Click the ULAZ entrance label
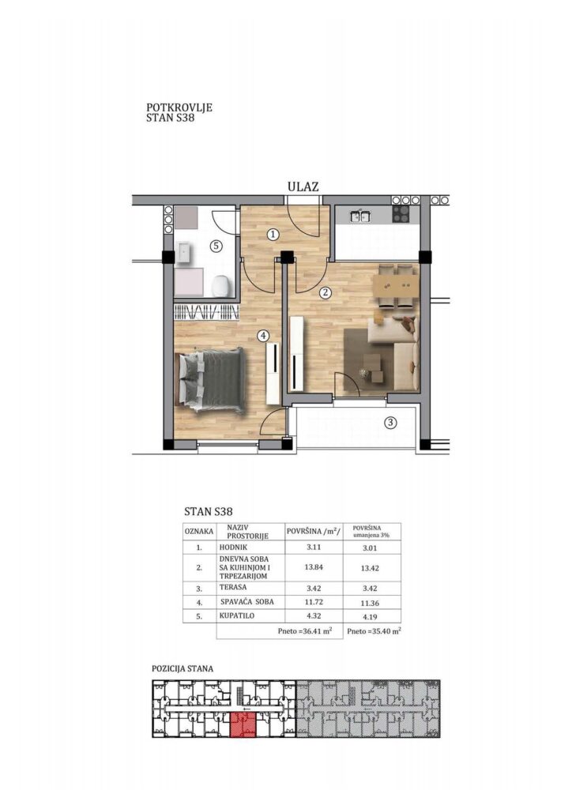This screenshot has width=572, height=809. pyautogui.click(x=303, y=186)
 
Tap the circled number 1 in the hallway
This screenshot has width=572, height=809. pyautogui.click(x=273, y=235)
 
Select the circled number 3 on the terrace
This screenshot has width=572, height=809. pyautogui.click(x=391, y=423)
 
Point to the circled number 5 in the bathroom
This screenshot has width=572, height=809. pyautogui.click(x=216, y=246)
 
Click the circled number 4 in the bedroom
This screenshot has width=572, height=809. pyautogui.click(x=263, y=335)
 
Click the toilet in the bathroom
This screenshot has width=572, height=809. pyautogui.click(x=220, y=285)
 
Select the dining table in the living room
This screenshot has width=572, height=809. pyautogui.click(x=396, y=285)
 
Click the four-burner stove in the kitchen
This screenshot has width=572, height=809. pyautogui.click(x=401, y=213)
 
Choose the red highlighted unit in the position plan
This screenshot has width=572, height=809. pyautogui.click(x=243, y=725)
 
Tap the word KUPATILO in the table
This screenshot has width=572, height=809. pyautogui.click(x=237, y=615)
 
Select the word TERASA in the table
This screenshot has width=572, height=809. pyautogui.click(x=233, y=587)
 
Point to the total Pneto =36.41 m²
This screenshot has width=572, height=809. pyautogui.click(x=304, y=630)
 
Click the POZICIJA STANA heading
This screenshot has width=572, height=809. pyautogui.click(x=182, y=668)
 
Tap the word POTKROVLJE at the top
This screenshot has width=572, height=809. pyautogui.click(x=179, y=107)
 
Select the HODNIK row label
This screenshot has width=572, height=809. pyautogui.click(x=233, y=547)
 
